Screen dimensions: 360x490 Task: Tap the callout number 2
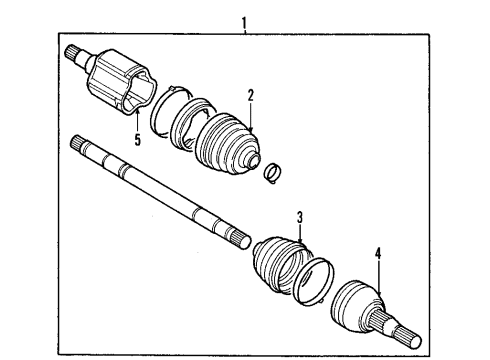coord(251,96)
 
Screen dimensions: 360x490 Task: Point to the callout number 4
coord(379,254)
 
